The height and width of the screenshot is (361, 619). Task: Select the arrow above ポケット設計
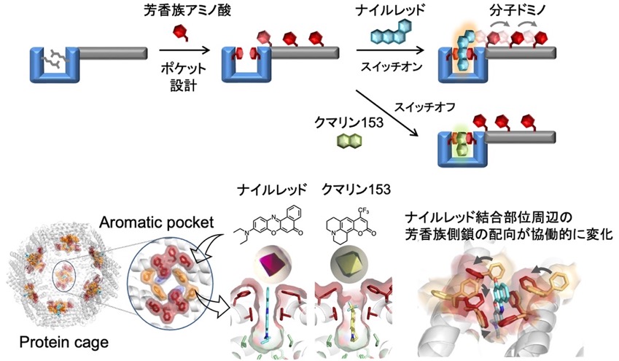click(x=184, y=50)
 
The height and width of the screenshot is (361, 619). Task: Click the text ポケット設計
click(x=184, y=77)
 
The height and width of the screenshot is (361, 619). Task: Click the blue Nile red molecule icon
click(x=392, y=31)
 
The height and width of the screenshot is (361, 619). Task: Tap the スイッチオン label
click(x=392, y=66)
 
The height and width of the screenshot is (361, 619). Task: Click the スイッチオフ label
click(x=425, y=106)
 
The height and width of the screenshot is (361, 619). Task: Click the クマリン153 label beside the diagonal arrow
click(x=349, y=123)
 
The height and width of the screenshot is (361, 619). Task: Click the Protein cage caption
click(x=64, y=342)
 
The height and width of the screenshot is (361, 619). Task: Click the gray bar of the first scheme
click(x=113, y=53)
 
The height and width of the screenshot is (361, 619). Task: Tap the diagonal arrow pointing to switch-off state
click(x=387, y=114)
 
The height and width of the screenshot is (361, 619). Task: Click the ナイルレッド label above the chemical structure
click(x=272, y=190)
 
